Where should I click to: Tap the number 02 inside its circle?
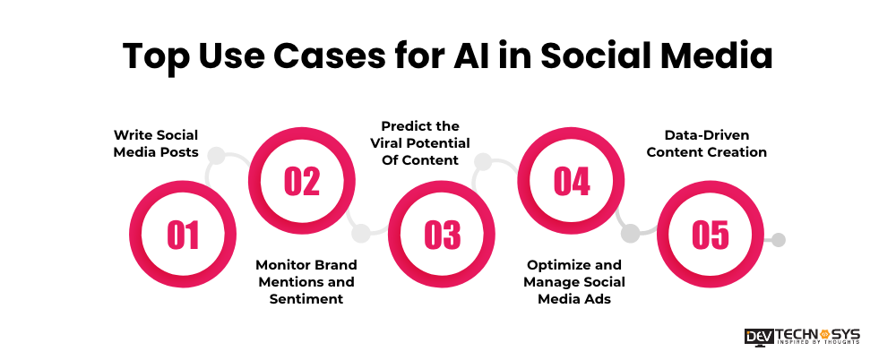302,180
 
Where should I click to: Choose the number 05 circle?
711,235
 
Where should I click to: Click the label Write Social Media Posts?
156,143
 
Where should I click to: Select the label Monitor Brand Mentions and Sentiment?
306,282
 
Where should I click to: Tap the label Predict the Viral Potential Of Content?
420,143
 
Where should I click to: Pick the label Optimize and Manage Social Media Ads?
574,282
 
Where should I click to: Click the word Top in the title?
155,56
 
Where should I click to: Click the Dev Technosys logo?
802,336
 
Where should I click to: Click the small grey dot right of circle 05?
779,240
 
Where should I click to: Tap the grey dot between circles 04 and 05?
630,234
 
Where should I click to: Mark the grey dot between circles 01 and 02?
216,155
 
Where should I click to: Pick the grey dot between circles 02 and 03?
360,234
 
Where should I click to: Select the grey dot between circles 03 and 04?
482,162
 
